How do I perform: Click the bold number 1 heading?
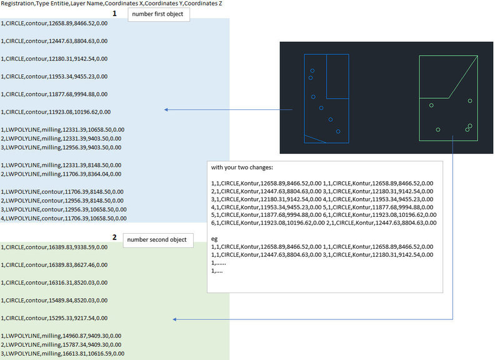coord(114,12)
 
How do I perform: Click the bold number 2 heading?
coord(114,237)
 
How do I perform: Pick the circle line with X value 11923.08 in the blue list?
coord(56,112)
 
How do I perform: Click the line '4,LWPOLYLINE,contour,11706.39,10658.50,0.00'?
coord(64,219)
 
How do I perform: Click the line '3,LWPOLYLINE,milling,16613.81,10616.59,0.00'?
coord(62,354)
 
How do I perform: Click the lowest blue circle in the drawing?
coord(338,131)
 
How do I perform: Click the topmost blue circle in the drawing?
coord(312,70)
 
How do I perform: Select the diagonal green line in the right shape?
coord(464,76)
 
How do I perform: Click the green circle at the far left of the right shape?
coord(431,105)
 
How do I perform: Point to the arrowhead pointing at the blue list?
coord(166,109)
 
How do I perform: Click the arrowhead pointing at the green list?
coord(176,319)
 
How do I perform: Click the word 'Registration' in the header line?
coord(17,4)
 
